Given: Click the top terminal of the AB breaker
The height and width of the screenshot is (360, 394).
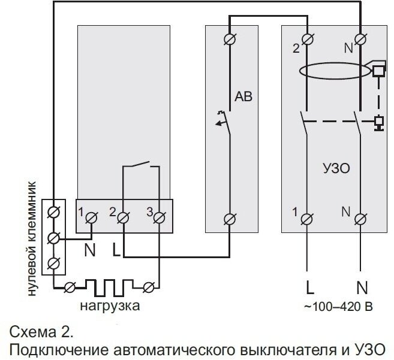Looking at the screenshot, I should tap(229, 39).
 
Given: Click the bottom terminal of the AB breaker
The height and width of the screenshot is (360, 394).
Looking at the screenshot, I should tap(229, 219).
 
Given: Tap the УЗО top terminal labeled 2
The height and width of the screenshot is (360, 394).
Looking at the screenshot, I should tap(308, 40).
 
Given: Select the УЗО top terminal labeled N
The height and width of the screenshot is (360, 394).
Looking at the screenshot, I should tap(360, 40).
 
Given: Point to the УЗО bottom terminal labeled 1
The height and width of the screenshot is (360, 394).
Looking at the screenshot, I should tap(308, 219).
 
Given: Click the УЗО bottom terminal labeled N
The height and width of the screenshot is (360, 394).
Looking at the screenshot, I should tap(360, 219).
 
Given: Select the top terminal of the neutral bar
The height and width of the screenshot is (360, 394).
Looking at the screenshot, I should tap(53, 211).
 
